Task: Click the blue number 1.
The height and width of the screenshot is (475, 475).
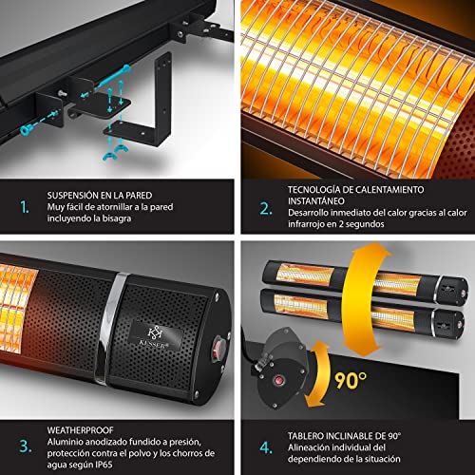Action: pos(24,207)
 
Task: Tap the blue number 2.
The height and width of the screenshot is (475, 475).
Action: pos(265,209)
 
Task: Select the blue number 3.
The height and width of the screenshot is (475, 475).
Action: pos(26,446)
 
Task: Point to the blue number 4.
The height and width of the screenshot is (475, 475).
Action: pos(266,447)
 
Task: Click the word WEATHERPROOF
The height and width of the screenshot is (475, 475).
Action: pos(80,430)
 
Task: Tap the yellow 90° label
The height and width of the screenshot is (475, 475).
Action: pos(351,380)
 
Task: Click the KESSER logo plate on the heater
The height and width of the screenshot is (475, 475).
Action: pos(156,336)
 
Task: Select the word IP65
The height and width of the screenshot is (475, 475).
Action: pos(104,465)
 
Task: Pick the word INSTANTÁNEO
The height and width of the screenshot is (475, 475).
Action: pos(316,201)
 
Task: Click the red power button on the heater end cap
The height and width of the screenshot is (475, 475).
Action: pos(218,344)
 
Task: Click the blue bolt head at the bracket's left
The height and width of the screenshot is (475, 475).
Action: pos(25,129)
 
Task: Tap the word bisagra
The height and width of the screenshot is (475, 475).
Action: pos(117,218)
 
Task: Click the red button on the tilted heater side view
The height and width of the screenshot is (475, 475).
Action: pos(279,380)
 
